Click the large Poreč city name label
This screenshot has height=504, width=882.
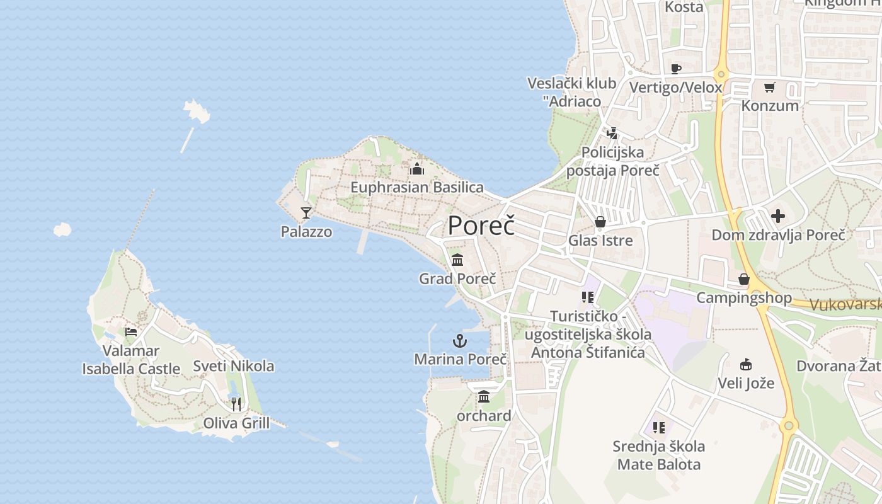(x=481, y=226)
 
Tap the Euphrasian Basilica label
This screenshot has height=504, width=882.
(x=417, y=187)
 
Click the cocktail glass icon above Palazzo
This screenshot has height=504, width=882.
(x=306, y=213)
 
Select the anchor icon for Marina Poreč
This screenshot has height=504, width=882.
(x=460, y=341)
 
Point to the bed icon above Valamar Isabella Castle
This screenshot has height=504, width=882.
(x=131, y=331)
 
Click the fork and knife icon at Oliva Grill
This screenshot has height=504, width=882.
(x=236, y=404)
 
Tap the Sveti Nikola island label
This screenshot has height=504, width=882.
(x=234, y=366)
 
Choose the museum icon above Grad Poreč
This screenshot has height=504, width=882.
(x=457, y=260)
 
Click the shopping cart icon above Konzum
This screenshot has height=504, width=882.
(x=769, y=87)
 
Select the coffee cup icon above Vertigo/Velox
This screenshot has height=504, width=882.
(x=676, y=69)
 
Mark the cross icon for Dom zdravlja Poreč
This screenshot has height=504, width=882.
(x=778, y=216)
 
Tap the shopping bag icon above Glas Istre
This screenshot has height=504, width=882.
(x=600, y=222)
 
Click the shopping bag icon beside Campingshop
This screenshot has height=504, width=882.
(x=744, y=279)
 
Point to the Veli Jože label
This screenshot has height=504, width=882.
(x=746, y=382)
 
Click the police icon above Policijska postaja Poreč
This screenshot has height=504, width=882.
(x=612, y=133)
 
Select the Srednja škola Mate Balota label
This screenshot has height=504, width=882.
(x=659, y=455)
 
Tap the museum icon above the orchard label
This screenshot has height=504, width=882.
(x=484, y=397)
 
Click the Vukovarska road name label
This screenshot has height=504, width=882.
(x=845, y=305)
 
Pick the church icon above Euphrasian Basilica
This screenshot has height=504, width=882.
(x=416, y=169)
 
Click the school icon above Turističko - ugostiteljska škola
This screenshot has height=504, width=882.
(x=588, y=297)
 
